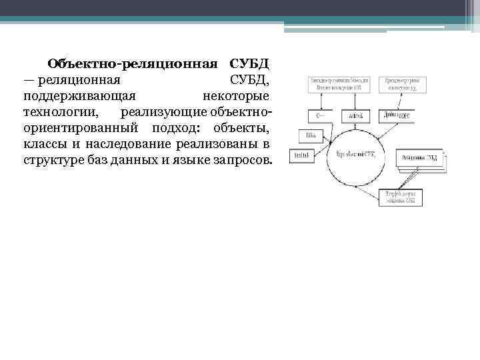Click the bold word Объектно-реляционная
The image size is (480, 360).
tap(133, 65)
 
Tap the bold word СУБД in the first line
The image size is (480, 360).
tap(249, 65)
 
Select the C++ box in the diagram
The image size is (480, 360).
tap(320, 115)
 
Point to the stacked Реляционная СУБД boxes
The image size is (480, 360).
tap(420, 159)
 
